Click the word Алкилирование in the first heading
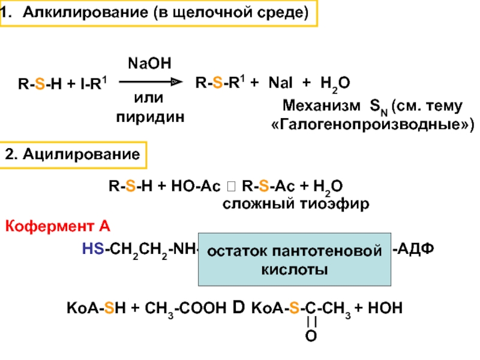tap(85, 13)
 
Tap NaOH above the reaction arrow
tap(149, 64)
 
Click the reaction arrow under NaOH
tap(151, 82)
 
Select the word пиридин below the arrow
tap(151, 118)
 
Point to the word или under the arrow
tap(149, 98)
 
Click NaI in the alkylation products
tap(280, 83)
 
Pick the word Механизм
tap(322, 106)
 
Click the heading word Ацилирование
tap(82, 154)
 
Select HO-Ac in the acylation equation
tap(196, 186)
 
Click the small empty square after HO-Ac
tap(232, 186)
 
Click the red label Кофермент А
tap(58, 227)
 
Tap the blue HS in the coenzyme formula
tap(93, 248)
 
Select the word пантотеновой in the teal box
tap(327, 251)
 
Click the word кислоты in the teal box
tap(295, 270)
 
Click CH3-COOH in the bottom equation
tap(185, 308)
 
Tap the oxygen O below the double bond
tap(311, 336)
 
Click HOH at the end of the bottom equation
tap(385, 308)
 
